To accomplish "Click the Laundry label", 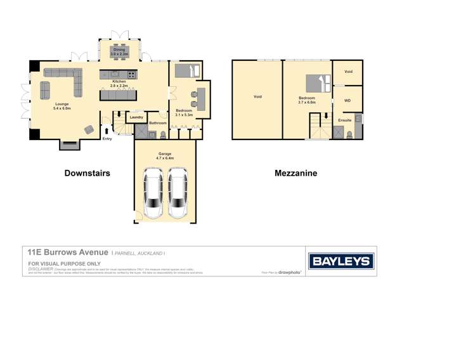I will point(136,117).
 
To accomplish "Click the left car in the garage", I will point(153,193).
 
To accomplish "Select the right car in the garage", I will point(178,193).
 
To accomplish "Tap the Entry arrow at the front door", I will point(106,132).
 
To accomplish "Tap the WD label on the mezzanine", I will point(347,100).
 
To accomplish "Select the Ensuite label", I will point(344,120).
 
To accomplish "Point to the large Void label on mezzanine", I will point(257,97).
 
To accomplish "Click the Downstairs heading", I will point(88,172).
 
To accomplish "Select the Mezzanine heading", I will point(296,172).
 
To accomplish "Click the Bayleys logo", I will point(341,261).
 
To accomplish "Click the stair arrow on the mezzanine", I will point(326,117).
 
